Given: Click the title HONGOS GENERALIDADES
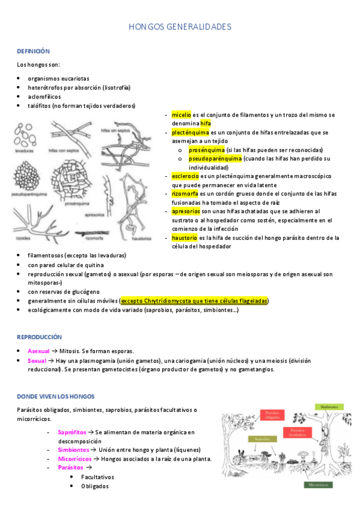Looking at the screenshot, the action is coord(180,27).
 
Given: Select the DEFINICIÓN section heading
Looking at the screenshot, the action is coord(33,52).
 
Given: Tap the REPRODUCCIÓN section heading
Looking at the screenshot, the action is coord(39,337).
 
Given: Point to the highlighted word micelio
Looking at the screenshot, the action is coord(181,114).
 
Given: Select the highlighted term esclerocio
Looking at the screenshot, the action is coord(185,176).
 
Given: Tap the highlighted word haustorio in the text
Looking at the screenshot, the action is coord(185,238).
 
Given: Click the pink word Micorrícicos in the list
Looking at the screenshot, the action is coord(75,458).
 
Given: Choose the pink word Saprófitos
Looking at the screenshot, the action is coord(72,432).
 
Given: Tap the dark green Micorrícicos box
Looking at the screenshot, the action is coord(317,483).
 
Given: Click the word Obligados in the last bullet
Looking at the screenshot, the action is coord(95,486).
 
